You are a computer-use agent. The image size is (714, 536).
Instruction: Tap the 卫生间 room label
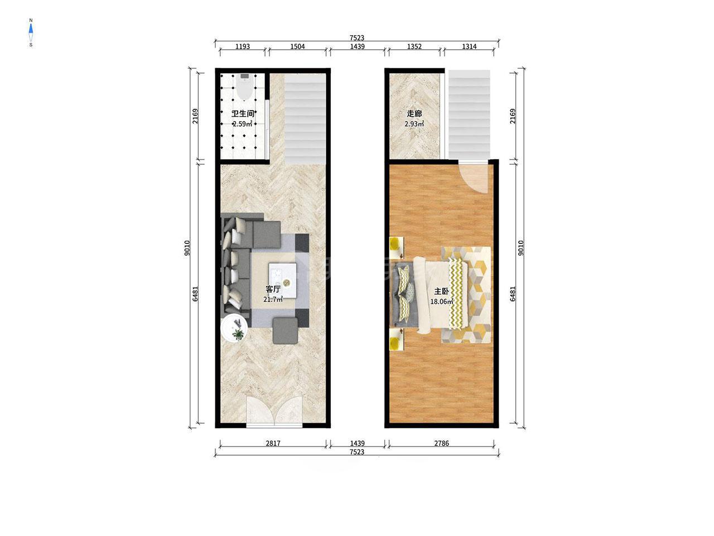[243, 113]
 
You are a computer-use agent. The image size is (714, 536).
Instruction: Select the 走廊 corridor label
[414, 113]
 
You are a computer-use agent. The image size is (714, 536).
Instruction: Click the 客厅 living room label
[273, 289]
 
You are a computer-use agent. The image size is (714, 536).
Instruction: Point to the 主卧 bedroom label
[441, 291]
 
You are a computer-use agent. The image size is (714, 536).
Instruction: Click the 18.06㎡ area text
[442, 301]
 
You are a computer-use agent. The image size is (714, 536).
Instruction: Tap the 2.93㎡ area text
[414, 123]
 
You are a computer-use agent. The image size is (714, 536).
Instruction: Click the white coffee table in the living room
[282, 280]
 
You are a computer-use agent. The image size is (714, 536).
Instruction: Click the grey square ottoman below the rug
[285, 331]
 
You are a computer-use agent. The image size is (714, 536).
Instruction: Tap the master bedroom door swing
[474, 178]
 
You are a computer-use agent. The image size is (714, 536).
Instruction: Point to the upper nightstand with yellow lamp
[397, 247]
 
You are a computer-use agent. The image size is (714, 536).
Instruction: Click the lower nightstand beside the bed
[397, 339]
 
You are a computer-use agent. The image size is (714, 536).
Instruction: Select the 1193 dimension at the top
[243, 46]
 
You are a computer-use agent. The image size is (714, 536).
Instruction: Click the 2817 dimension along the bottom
[273, 443]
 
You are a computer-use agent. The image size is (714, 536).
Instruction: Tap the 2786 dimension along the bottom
[441, 443]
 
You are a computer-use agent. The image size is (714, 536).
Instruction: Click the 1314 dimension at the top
[469, 46]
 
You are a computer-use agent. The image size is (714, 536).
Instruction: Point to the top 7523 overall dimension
[357, 38]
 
